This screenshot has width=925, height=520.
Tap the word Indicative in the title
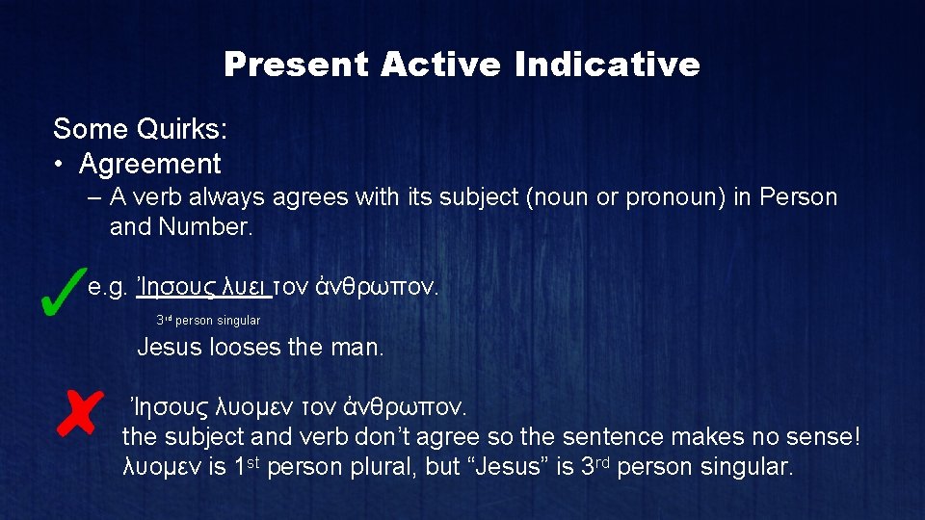coord(607,65)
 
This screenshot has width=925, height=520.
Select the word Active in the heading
coord(439,65)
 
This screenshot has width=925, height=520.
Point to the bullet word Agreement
coord(150,165)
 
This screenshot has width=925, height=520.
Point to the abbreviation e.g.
coord(109,286)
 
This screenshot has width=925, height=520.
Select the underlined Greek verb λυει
coord(246,286)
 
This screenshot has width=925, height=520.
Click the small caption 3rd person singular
coord(208,321)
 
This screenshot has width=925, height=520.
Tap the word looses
coord(246,347)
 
